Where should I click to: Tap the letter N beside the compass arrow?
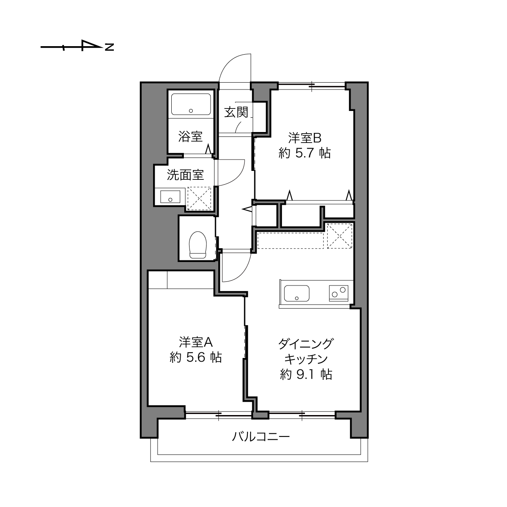pyautogui.click(x=109, y=47)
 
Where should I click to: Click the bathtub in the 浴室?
pyautogui.click(x=191, y=104)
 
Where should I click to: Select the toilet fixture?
pyautogui.click(x=198, y=245)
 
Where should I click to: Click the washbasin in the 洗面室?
pyautogui.click(x=170, y=197)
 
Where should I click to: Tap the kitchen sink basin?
pyautogui.click(x=297, y=293)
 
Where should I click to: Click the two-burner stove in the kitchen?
pyautogui.click(x=339, y=293)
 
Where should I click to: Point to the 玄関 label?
pyautogui.click(x=236, y=112)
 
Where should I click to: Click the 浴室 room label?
pyautogui.click(x=190, y=136)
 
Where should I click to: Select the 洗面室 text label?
pyautogui.click(x=185, y=175)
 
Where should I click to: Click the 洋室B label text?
pyautogui.click(x=305, y=138)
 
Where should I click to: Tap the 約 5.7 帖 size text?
pyautogui.click(x=305, y=153)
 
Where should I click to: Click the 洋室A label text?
pyautogui.click(x=196, y=342)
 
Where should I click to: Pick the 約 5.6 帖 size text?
pyautogui.click(x=196, y=357)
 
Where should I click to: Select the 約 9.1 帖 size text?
pyautogui.click(x=306, y=374)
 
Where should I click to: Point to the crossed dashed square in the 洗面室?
pyautogui.click(x=199, y=198)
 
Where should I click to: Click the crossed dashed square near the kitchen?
pyautogui.click(x=340, y=236)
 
